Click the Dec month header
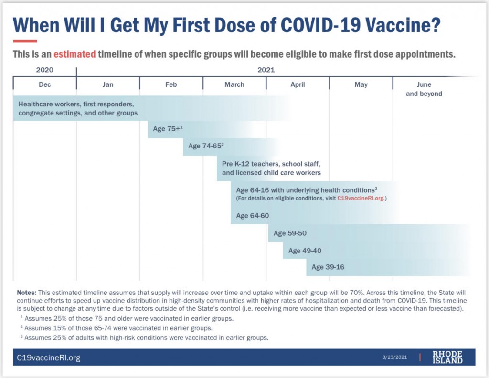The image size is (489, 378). tap(44, 84)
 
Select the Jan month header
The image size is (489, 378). tap(108, 84)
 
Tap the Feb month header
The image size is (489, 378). tap(171, 84)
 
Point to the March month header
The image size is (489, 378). tap(234, 84)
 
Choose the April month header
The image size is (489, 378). tap(298, 84)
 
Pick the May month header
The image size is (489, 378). tap(361, 84)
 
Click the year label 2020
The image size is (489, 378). tap(44, 70)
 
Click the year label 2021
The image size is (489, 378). tap(266, 70)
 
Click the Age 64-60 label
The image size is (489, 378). tap(252, 216)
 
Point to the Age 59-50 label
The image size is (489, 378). tap(290, 233)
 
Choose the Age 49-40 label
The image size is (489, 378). tap(305, 251)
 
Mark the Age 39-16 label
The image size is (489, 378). tap(328, 267)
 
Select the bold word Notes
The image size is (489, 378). tap(27, 292)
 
